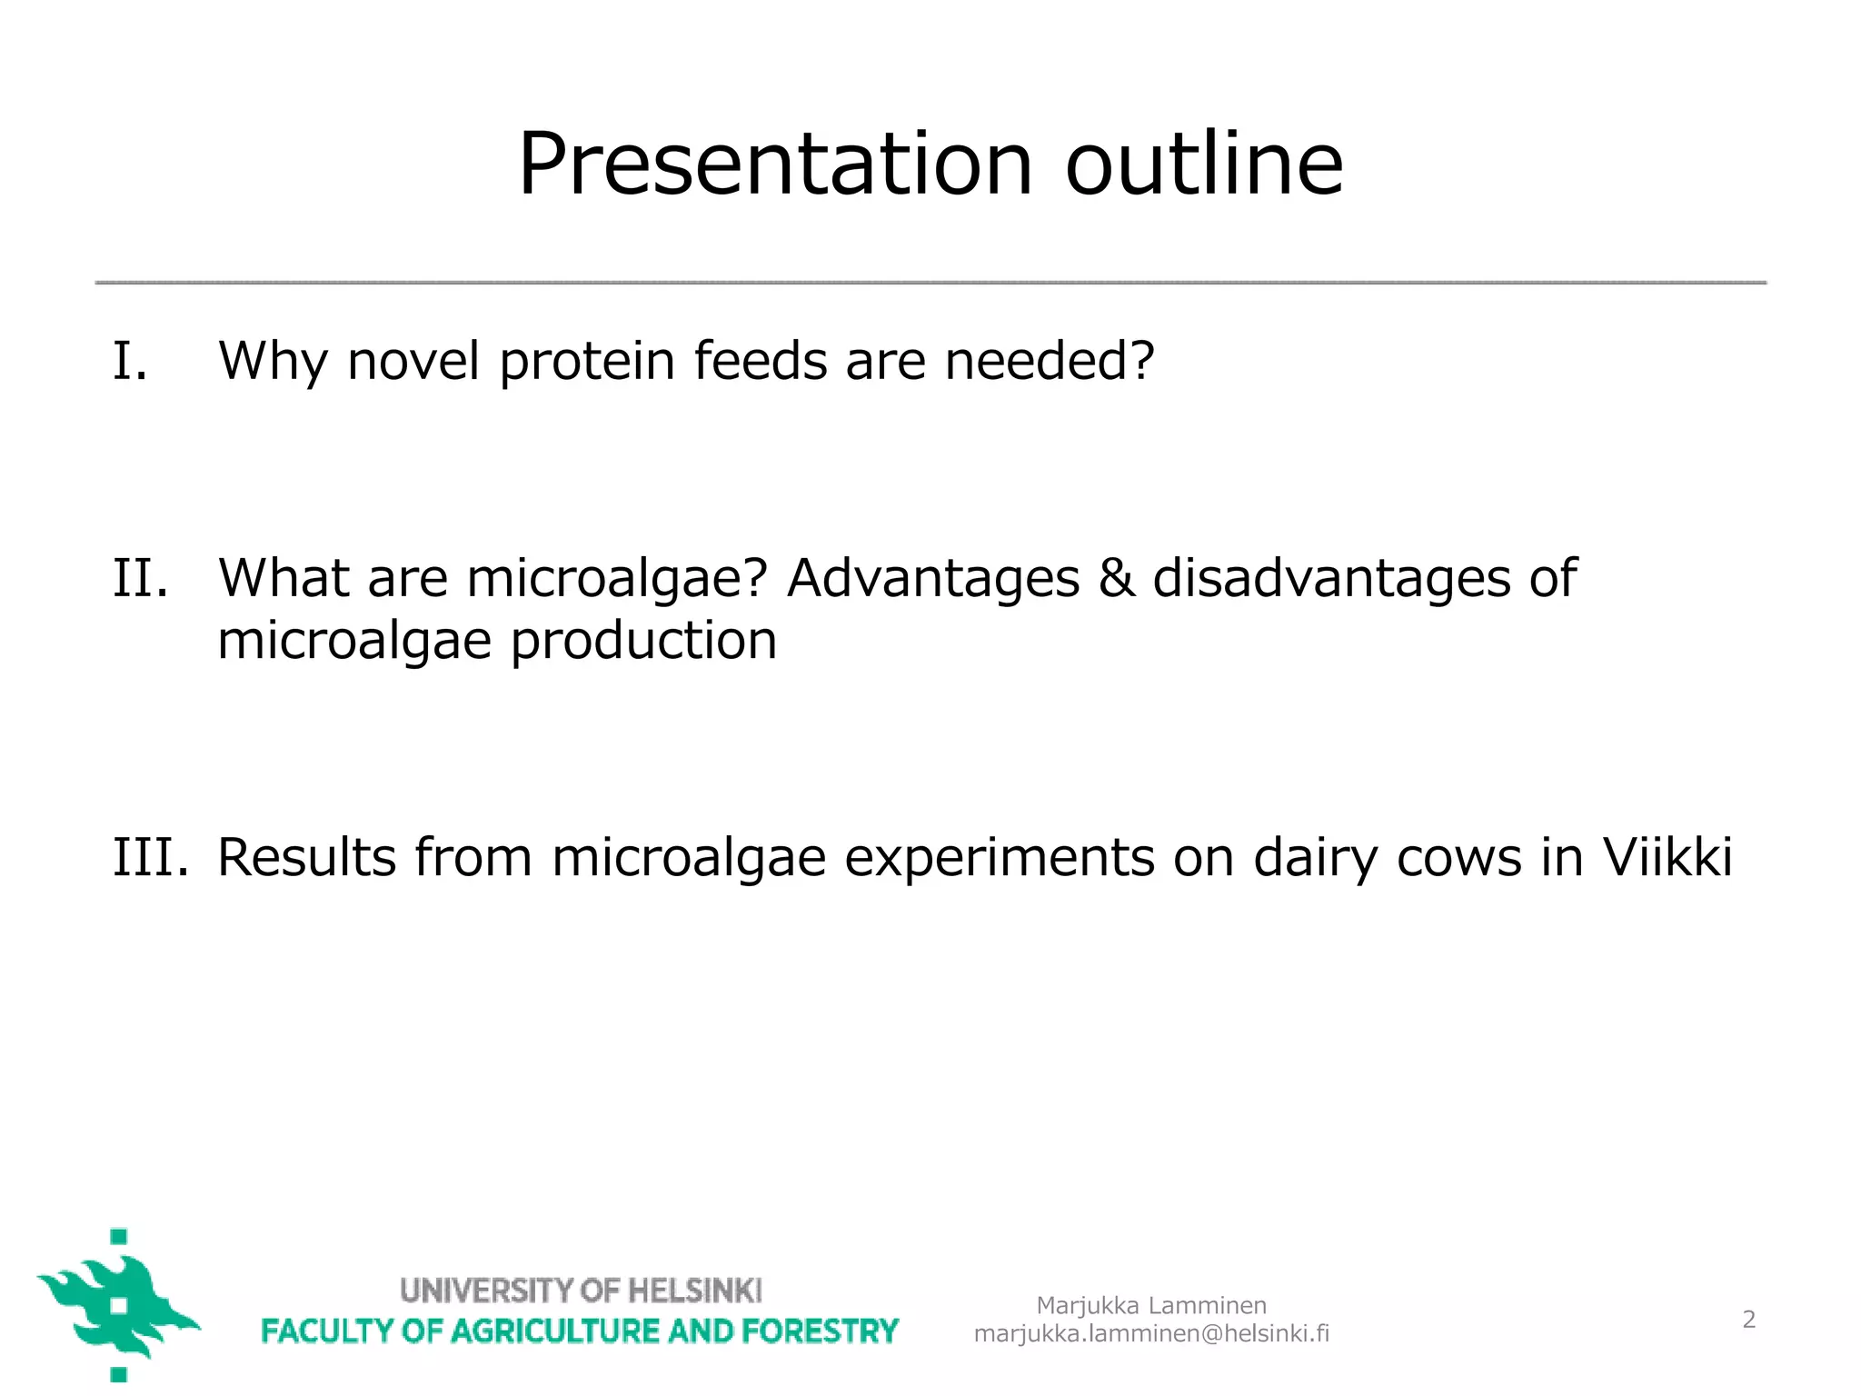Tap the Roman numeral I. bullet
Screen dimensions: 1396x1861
(130, 360)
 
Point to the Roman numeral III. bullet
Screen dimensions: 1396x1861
(151, 856)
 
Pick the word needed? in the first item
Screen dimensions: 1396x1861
(1050, 360)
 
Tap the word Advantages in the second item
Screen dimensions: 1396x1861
(933, 579)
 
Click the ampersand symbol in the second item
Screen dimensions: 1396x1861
(1116, 578)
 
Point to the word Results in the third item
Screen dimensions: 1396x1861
(307, 856)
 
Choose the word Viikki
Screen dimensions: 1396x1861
(1667, 856)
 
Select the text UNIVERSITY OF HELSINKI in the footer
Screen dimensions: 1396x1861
(581, 1290)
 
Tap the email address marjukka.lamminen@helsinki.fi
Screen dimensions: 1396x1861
(1151, 1333)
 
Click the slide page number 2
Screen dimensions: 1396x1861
(1748, 1319)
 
